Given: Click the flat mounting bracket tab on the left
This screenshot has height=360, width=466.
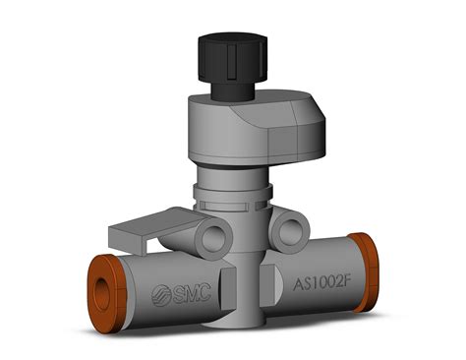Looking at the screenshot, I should tap(133, 236).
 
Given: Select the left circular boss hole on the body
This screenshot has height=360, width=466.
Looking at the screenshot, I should tap(210, 234).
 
